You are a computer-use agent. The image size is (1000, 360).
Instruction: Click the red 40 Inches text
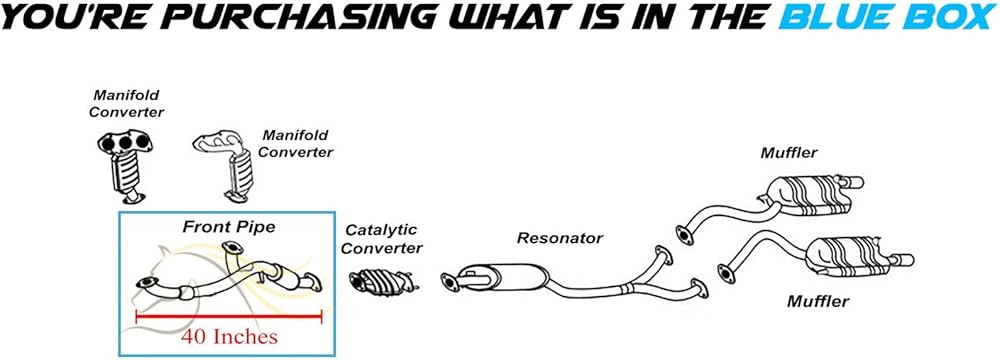(230, 336)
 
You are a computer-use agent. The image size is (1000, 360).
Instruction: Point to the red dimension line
(228, 315)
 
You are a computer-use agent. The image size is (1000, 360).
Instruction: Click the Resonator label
(559, 238)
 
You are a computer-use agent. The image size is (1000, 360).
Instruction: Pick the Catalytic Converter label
(382, 239)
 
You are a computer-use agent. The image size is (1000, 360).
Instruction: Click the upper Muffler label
(789, 153)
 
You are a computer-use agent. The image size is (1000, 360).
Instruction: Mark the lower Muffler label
(818, 301)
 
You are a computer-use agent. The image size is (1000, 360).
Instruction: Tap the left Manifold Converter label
(126, 103)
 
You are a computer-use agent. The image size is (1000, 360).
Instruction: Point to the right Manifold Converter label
(295, 144)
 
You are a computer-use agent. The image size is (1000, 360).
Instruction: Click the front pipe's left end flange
(147, 282)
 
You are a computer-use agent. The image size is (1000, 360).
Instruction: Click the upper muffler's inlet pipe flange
(684, 235)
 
